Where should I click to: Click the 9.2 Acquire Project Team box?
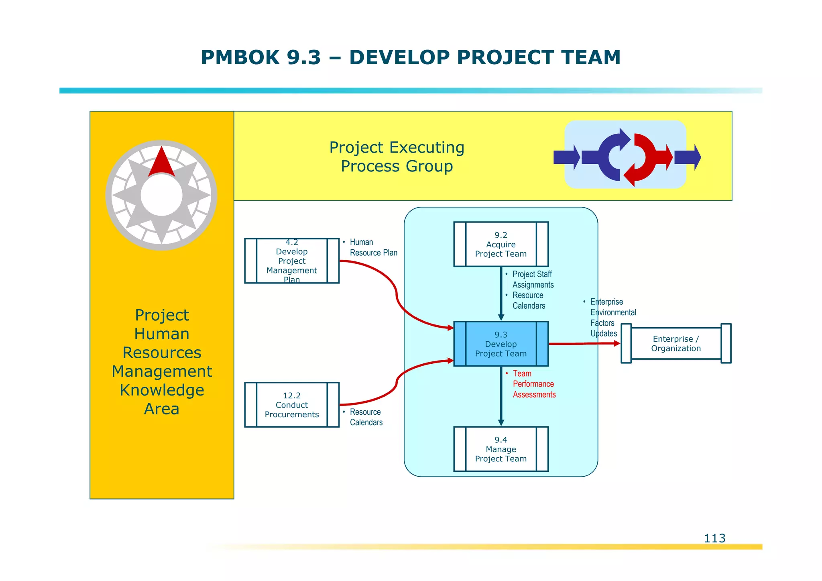coord(501,244)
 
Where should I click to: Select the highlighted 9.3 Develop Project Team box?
coord(501,344)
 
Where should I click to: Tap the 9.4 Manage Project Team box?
coord(501,449)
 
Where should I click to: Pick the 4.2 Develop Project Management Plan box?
coord(291,261)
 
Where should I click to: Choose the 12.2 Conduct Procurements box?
coord(291,405)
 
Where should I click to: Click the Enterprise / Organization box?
coord(676,344)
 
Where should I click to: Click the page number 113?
coord(714,538)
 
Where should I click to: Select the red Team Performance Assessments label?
coord(533,384)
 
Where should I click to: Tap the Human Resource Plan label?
coord(373,247)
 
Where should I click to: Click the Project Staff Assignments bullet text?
coord(533,279)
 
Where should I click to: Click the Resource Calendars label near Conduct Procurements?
coord(366,417)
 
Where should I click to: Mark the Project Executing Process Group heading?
coord(397,157)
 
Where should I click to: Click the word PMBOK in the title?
coord(240,57)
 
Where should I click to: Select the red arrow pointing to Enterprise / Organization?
coord(584,344)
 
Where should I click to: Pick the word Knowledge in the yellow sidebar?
coord(162,390)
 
